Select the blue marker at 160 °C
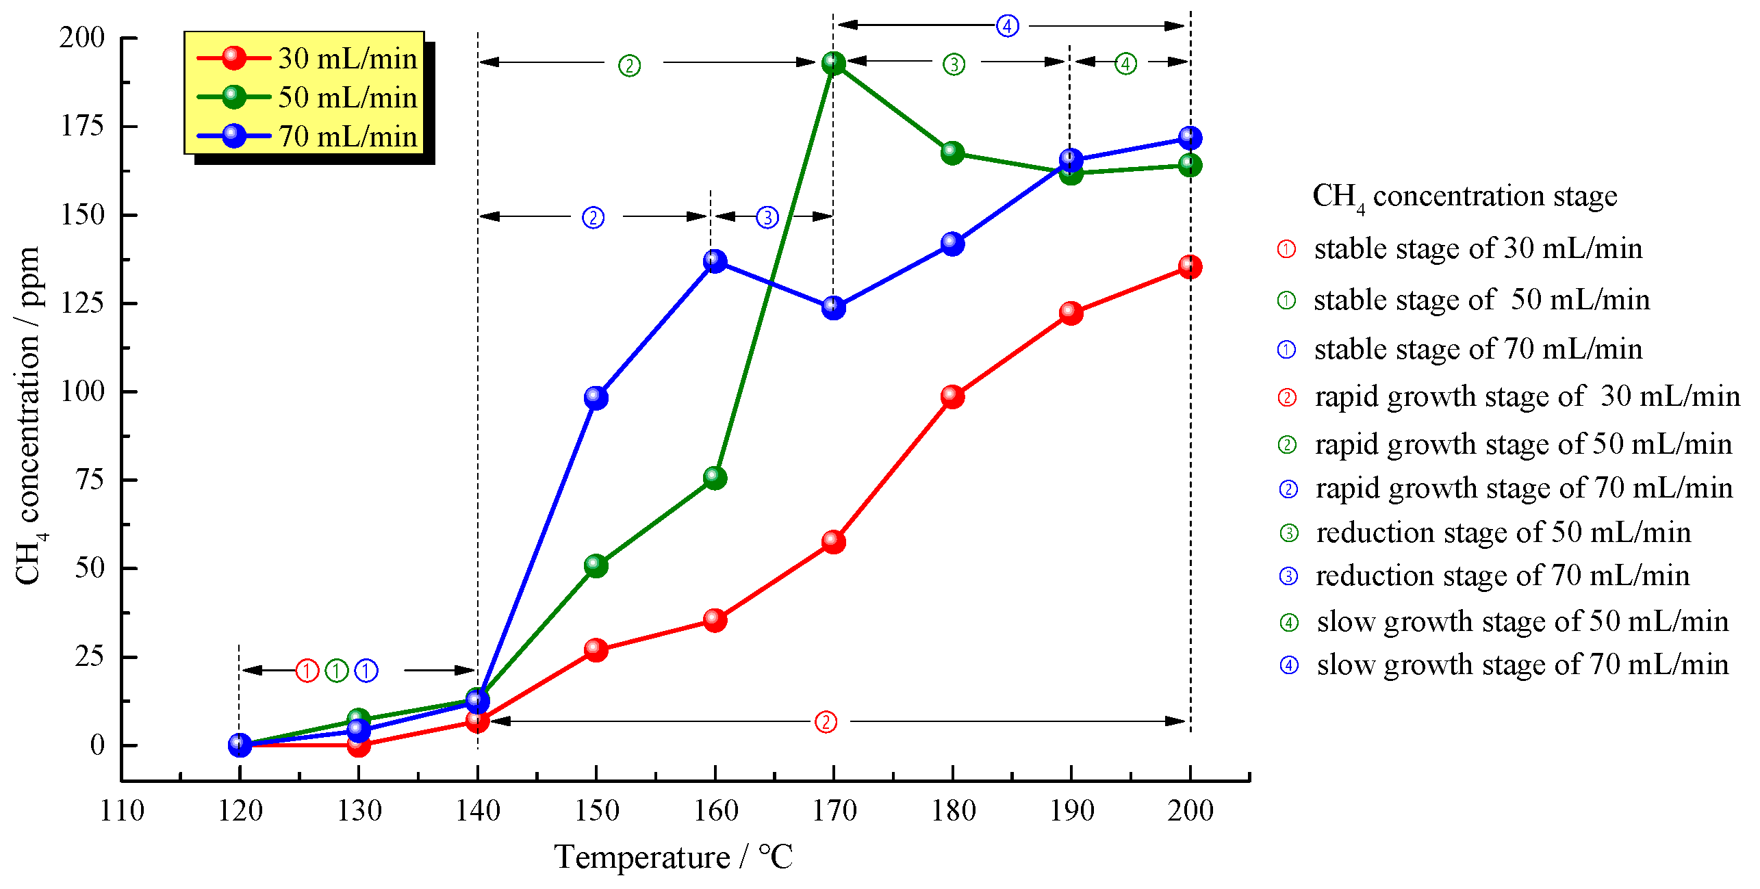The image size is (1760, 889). [715, 261]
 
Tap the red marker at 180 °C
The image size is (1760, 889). [952, 396]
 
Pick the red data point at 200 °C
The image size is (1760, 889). [1190, 267]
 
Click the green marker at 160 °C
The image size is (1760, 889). [715, 477]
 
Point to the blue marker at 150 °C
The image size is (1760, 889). [596, 398]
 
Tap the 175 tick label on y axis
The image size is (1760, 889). [83, 126]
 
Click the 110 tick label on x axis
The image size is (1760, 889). [122, 811]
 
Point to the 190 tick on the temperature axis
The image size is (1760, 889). [1071, 811]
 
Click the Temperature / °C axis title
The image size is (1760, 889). [674, 857]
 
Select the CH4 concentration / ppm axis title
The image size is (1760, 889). [29, 416]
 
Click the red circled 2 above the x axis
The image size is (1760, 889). [826, 722]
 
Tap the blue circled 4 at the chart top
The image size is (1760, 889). [1007, 26]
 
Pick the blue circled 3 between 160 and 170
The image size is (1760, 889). [767, 218]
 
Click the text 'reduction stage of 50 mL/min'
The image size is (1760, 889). [1503, 532]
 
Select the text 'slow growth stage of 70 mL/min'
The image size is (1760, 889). [1522, 665]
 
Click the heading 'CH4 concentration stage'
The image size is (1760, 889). [1464, 197]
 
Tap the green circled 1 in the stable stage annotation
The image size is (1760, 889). [336, 671]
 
